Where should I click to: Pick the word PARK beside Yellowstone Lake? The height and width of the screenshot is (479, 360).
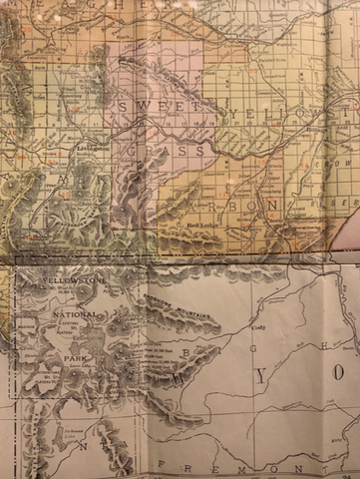click(x=69, y=353)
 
